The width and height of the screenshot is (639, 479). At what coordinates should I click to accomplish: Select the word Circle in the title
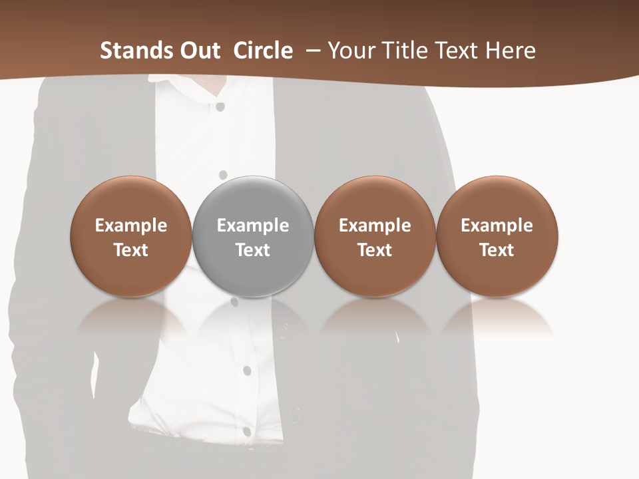point(263,51)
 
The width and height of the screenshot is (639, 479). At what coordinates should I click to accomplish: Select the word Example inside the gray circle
point(253,226)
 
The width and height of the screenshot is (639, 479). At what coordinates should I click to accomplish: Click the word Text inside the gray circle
point(253,250)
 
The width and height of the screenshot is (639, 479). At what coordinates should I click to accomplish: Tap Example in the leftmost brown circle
point(131,226)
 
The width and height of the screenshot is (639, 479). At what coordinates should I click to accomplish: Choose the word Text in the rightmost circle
point(497,250)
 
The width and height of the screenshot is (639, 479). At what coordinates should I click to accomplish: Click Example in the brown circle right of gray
point(375,226)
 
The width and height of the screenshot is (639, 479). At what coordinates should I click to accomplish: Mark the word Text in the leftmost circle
point(131,250)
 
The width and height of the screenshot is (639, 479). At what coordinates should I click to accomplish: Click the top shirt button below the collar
point(220,106)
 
